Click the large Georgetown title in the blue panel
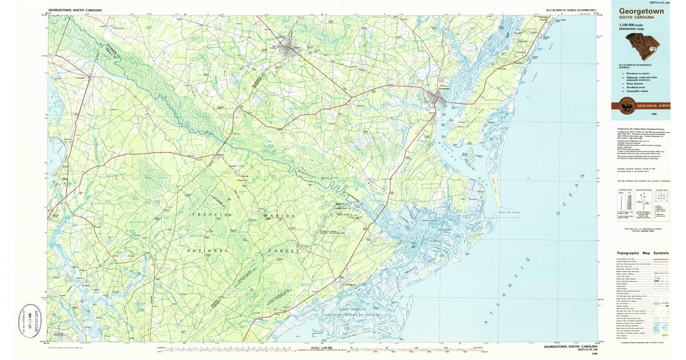point(641,11)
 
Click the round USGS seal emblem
point(628,105)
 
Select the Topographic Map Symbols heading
point(641,253)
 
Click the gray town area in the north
point(289,49)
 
